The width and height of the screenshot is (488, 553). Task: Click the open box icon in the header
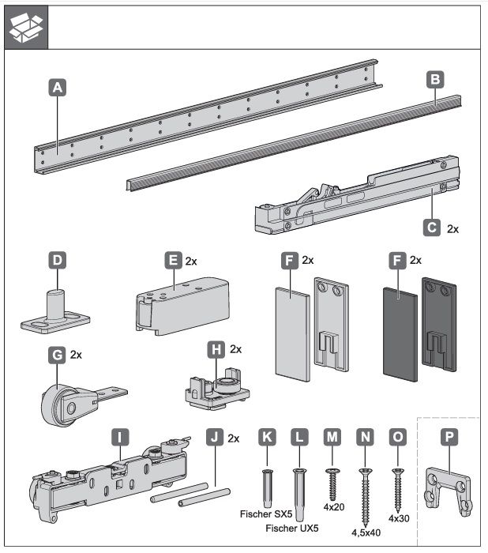(25, 26)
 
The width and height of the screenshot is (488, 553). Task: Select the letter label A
(56, 89)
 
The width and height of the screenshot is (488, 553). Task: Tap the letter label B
(434, 79)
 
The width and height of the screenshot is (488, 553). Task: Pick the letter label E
(172, 260)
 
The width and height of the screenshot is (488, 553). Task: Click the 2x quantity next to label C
(452, 228)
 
